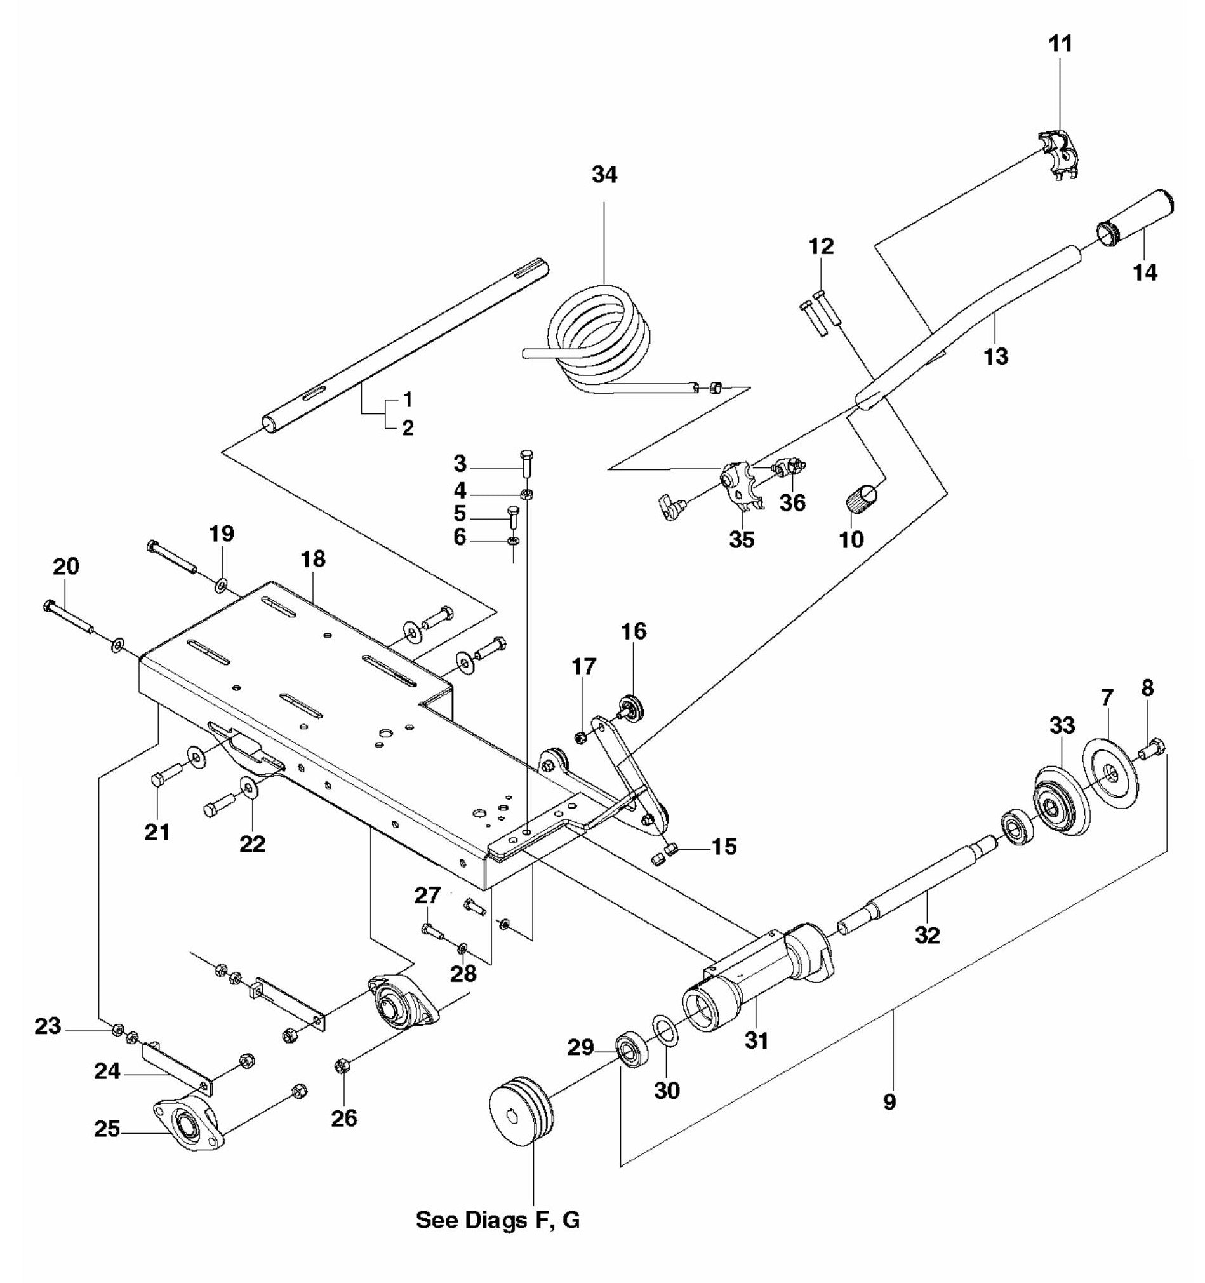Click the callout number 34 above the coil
[604, 175]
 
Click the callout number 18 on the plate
[314, 559]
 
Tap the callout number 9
[889, 1101]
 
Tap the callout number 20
[67, 566]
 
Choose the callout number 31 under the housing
[756, 1040]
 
